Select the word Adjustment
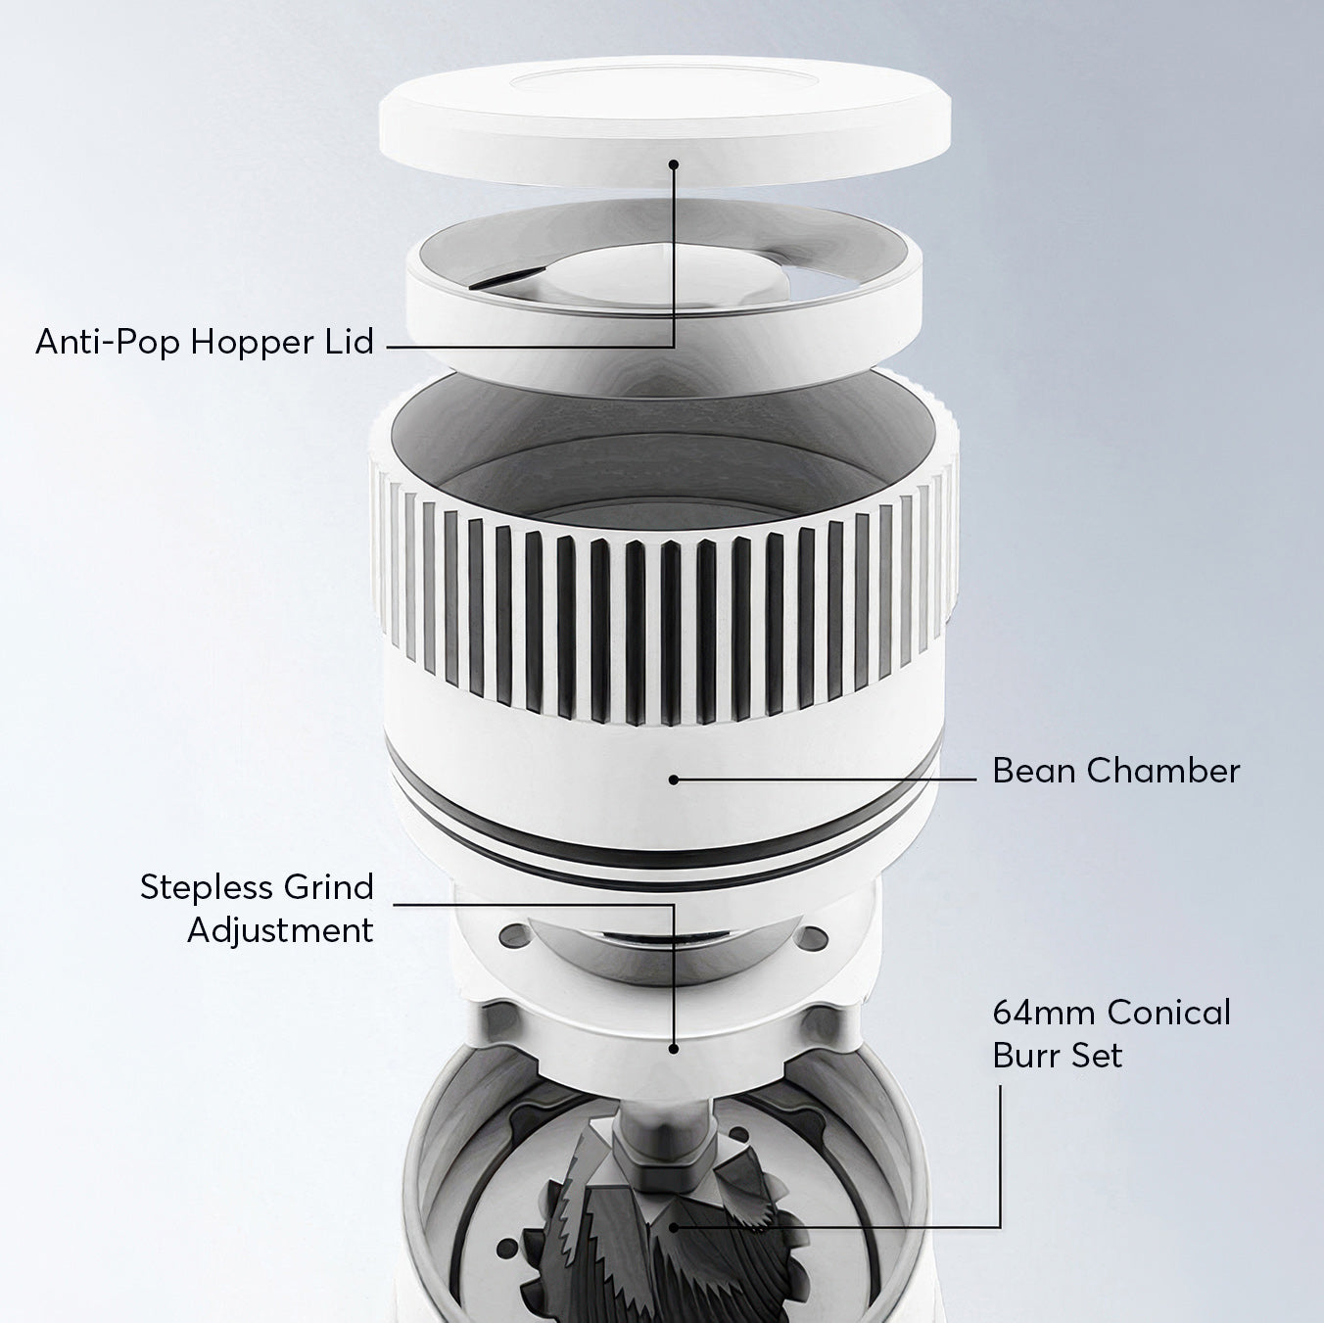(x=280, y=929)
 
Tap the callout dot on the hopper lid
(x=674, y=164)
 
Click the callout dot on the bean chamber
(x=674, y=780)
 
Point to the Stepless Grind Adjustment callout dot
(x=674, y=1049)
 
